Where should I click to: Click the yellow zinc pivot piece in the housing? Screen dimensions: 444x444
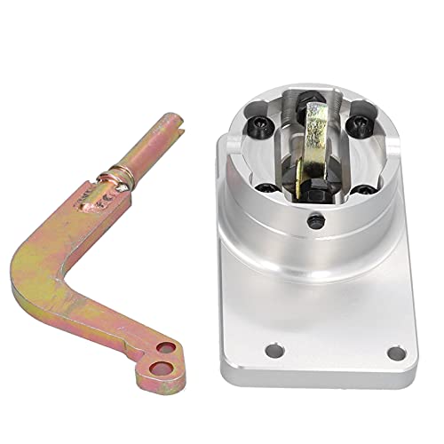[x=314, y=128]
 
